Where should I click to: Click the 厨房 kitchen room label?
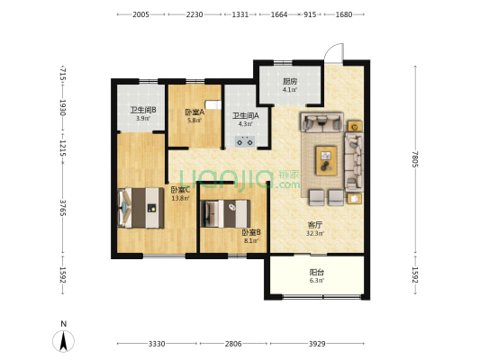point(290,82)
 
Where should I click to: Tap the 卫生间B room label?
point(143,110)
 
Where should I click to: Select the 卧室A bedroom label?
point(195,112)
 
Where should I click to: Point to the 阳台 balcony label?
point(316,272)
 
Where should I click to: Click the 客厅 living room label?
point(315,225)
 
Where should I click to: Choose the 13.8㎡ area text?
point(180,198)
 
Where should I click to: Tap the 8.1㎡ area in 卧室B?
point(251,240)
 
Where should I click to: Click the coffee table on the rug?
point(326,161)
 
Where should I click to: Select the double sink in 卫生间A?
point(245,142)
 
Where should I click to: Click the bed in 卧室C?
point(140,208)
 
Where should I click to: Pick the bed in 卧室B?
point(225,213)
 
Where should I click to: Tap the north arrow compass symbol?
point(63,341)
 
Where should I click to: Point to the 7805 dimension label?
point(415,159)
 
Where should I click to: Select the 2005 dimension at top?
point(140,14)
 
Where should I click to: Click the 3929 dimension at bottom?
point(317,344)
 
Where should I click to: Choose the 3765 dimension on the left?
point(63,208)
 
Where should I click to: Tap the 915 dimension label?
point(310,14)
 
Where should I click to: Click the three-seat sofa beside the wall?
point(354,162)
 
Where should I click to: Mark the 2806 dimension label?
point(233,344)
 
